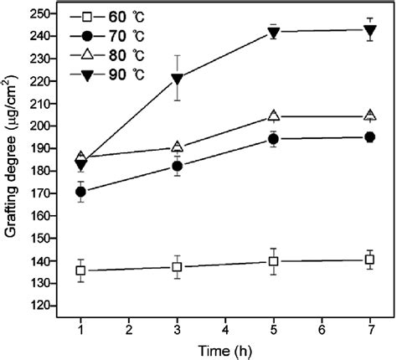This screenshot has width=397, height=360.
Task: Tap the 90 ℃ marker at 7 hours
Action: (369, 31)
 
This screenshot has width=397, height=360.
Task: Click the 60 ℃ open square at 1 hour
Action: (80, 270)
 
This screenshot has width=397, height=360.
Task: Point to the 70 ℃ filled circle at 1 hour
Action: (80, 192)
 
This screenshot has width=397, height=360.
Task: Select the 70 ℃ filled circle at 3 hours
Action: (177, 166)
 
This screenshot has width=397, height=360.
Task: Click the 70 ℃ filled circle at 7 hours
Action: (369, 137)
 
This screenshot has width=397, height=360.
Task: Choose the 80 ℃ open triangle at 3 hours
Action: (177, 147)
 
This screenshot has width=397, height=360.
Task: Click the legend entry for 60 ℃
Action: (118, 17)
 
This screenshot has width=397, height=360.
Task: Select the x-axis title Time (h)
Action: (224, 350)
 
